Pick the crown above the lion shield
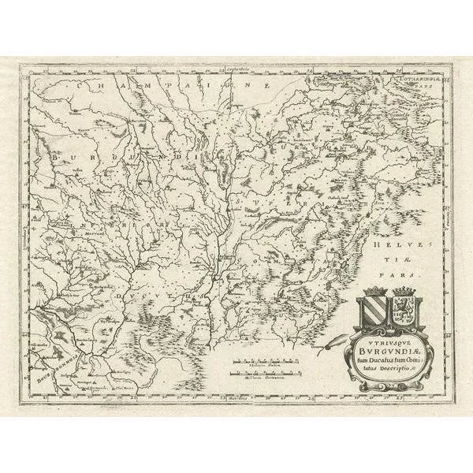pyautogui.click(x=404, y=291)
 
